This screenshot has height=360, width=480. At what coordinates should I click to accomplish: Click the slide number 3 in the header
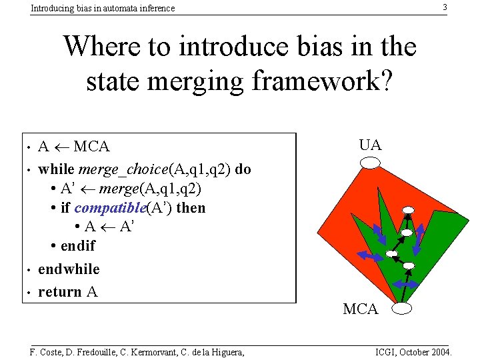pyautogui.click(x=445, y=7)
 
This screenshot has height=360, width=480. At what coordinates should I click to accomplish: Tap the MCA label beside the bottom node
pyautogui.click(x=360, y=309)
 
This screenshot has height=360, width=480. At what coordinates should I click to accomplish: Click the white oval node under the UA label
pyautogui.click(x=370, y=163)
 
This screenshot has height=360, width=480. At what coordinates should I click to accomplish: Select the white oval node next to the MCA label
pyautogui.click(x=402, y=308)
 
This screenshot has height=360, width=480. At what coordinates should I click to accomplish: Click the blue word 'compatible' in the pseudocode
pyautogui.click(x=109, y=208)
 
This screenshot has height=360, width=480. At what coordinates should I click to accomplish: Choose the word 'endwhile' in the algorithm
pyautogui.click(x=69, y=269)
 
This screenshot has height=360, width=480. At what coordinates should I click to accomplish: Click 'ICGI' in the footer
pyautogui.click(x=387, y=352)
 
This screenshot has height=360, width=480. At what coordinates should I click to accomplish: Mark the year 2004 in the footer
pyautogui.click(x=440, y=352)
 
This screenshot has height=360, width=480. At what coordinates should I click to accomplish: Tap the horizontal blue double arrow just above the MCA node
pyautogui.click(x=405, y=285)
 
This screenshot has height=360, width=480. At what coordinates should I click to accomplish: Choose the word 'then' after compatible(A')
pyautogui.click(x=191, y=208)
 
